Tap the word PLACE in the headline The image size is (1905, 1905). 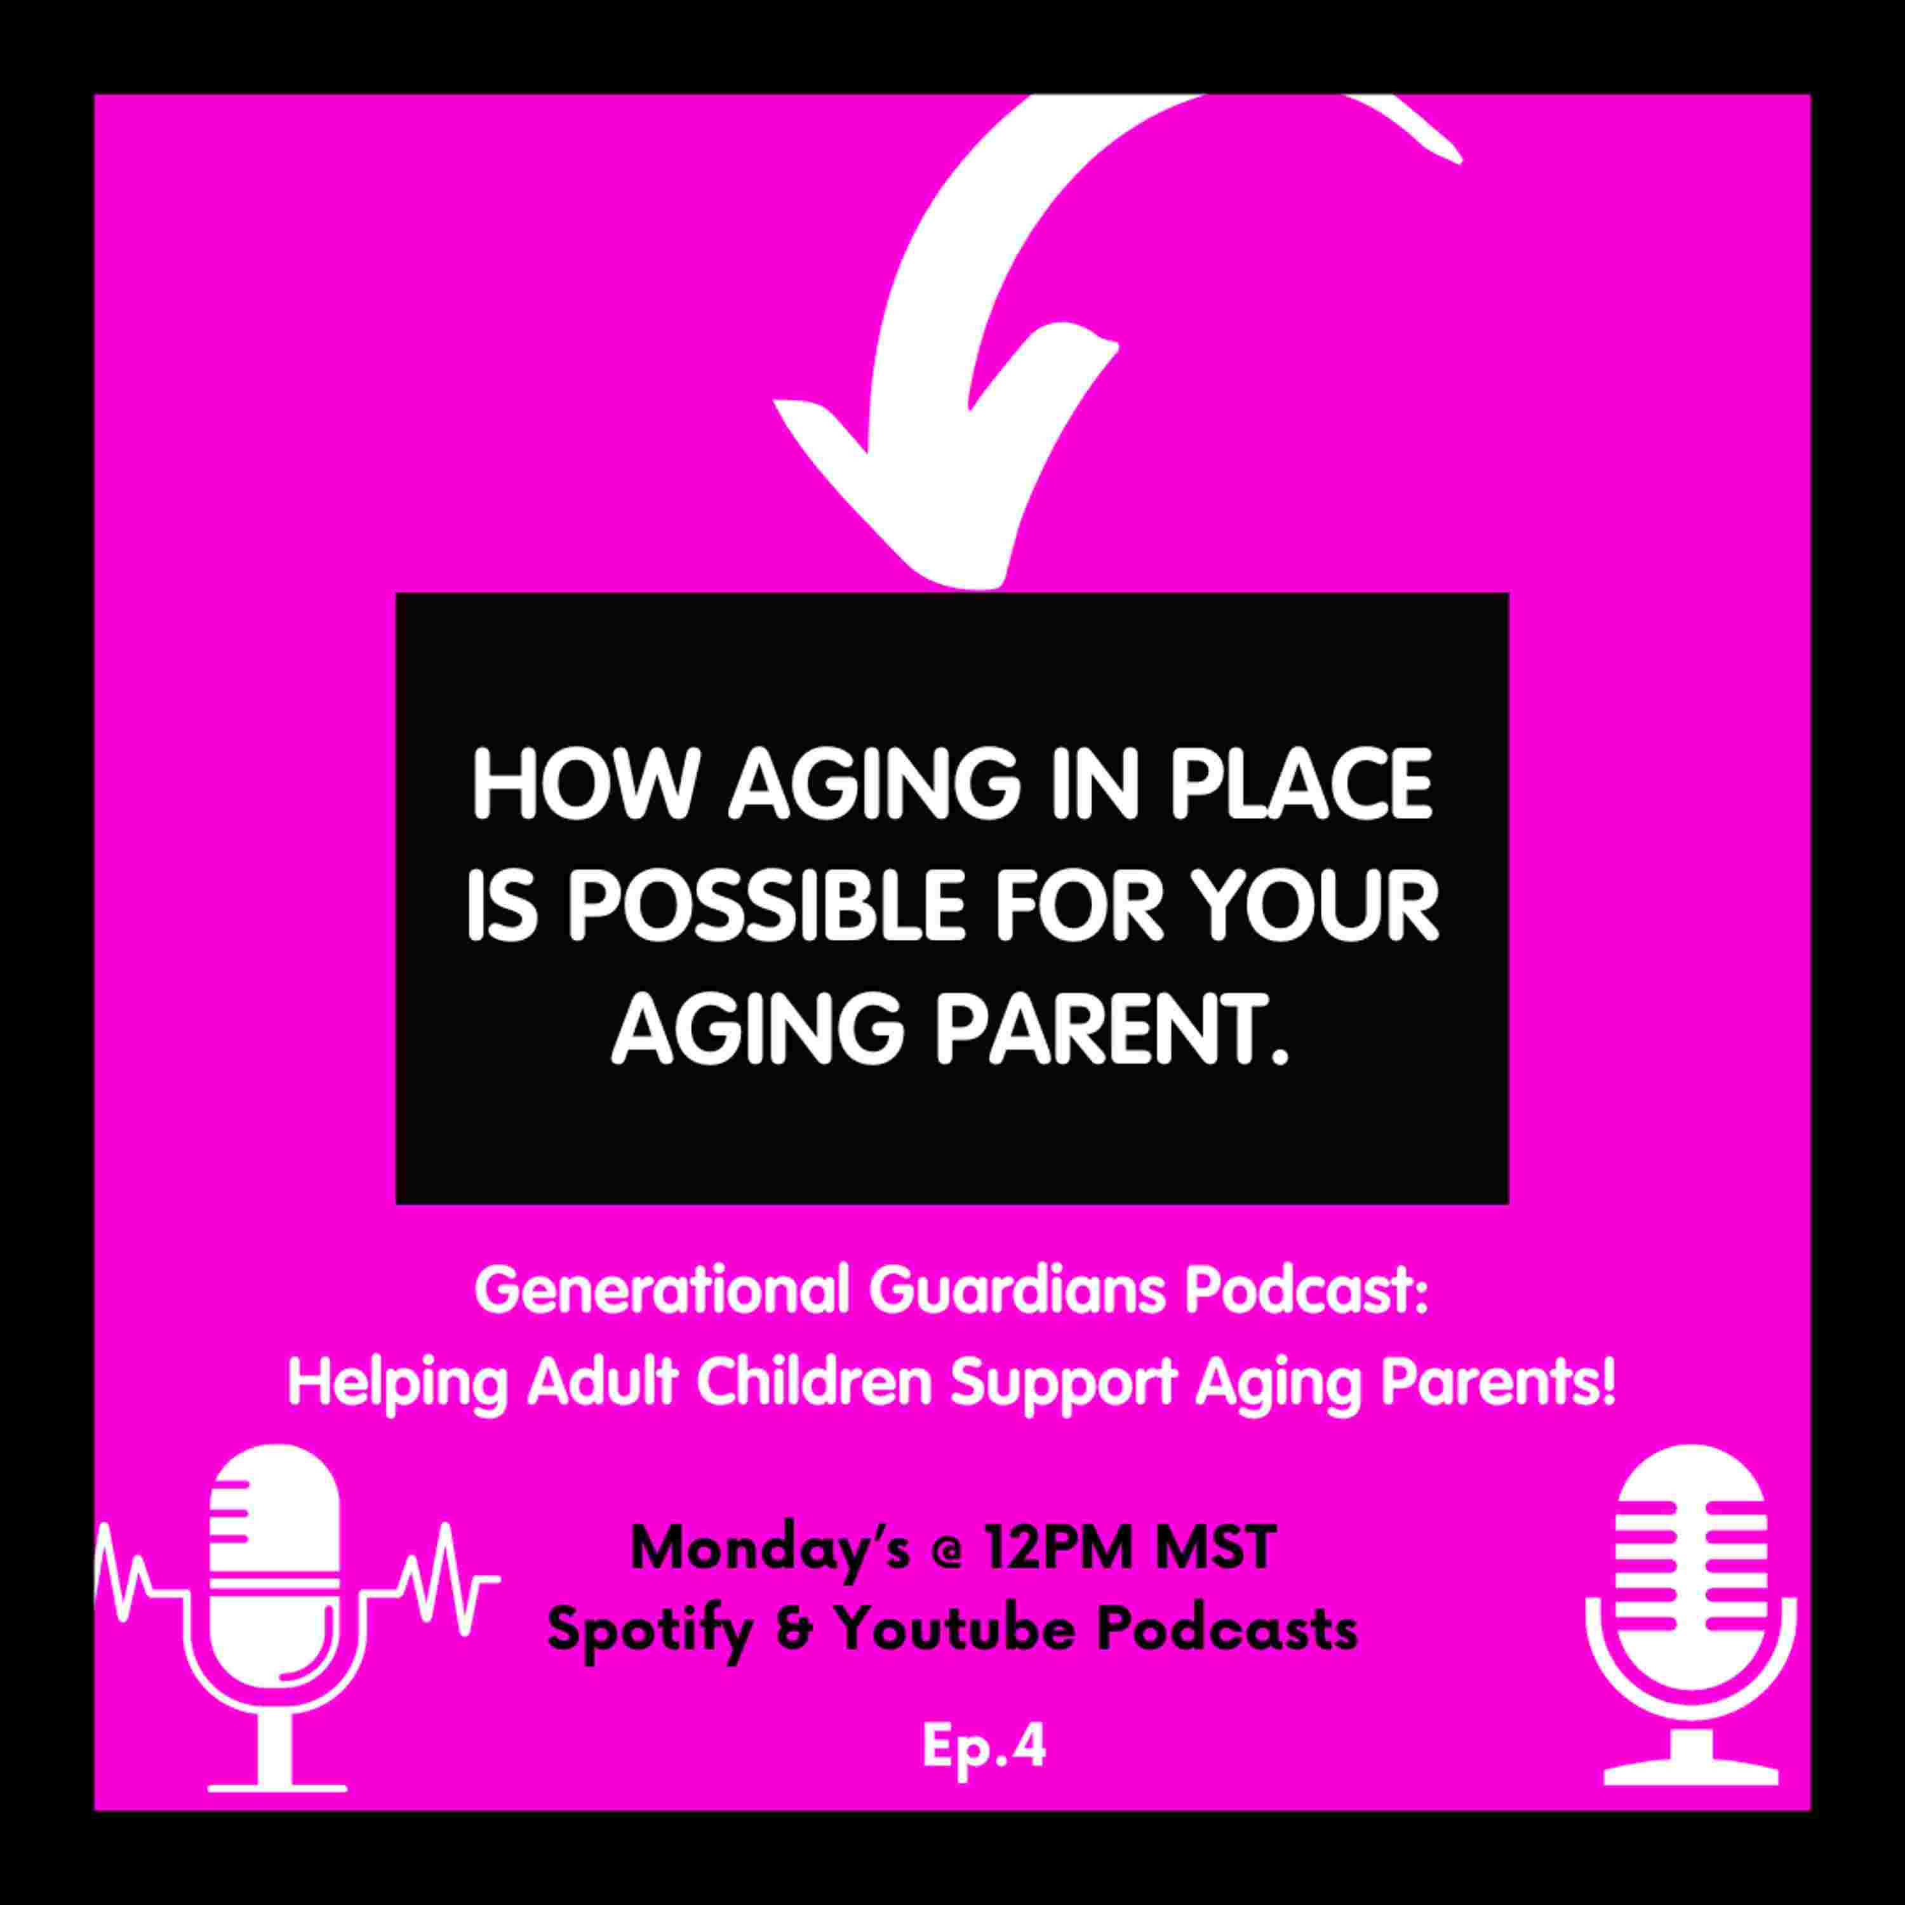1300,786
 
